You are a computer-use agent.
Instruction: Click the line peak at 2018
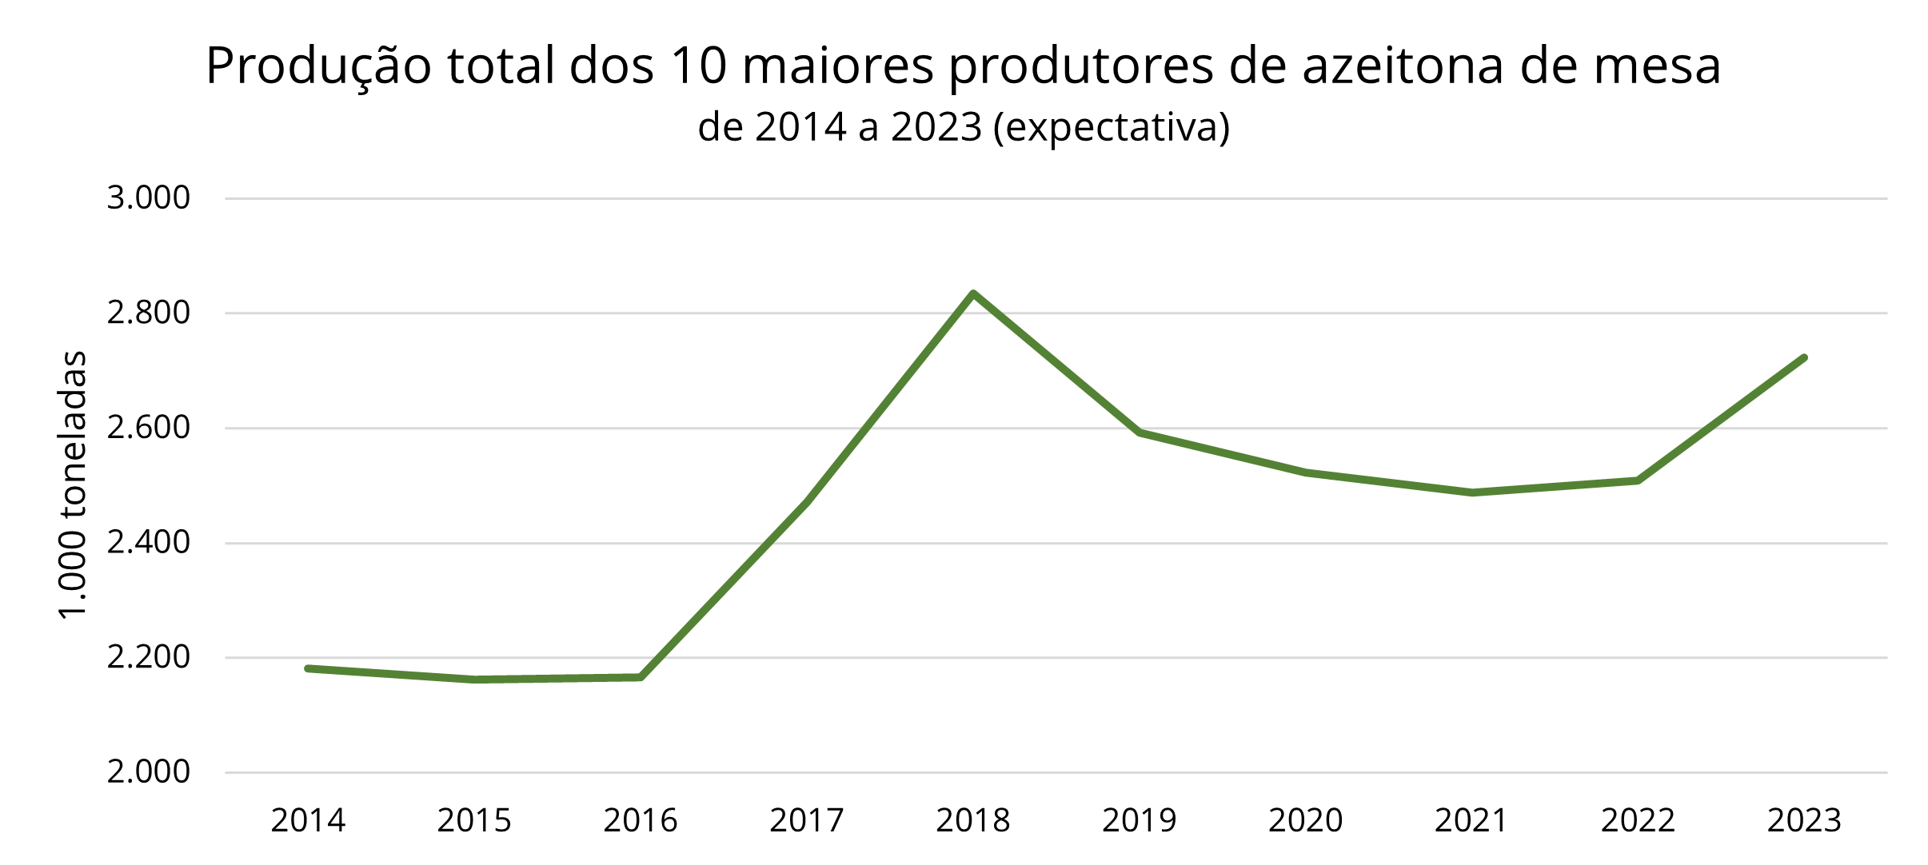pos(973,293)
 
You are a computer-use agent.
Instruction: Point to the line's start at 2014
pos(308,668)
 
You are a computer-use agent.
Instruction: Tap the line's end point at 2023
pos(1804,357)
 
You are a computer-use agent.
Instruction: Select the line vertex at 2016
pos(641,677)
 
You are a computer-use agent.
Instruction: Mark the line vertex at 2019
pos(1140,432)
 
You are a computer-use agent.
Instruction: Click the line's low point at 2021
pos(1472,492)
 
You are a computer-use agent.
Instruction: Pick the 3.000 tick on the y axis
pos(149,197)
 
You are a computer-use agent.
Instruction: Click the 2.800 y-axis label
pos(149,313)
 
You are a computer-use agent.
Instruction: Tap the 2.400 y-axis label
pos(149,543)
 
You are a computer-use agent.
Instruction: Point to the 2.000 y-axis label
pos(149,772)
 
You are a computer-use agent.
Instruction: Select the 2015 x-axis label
pos(474,821)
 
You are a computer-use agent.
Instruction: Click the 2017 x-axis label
pos(807,821)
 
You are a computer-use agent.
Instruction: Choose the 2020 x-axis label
pos(1306,821)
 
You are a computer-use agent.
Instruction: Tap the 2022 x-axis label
pos(1638,821)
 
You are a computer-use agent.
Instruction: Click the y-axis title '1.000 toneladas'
pos(73,484)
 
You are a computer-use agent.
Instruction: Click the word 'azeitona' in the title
pos(1403,66)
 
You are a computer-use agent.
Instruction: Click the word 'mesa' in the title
pos(1657,66)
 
